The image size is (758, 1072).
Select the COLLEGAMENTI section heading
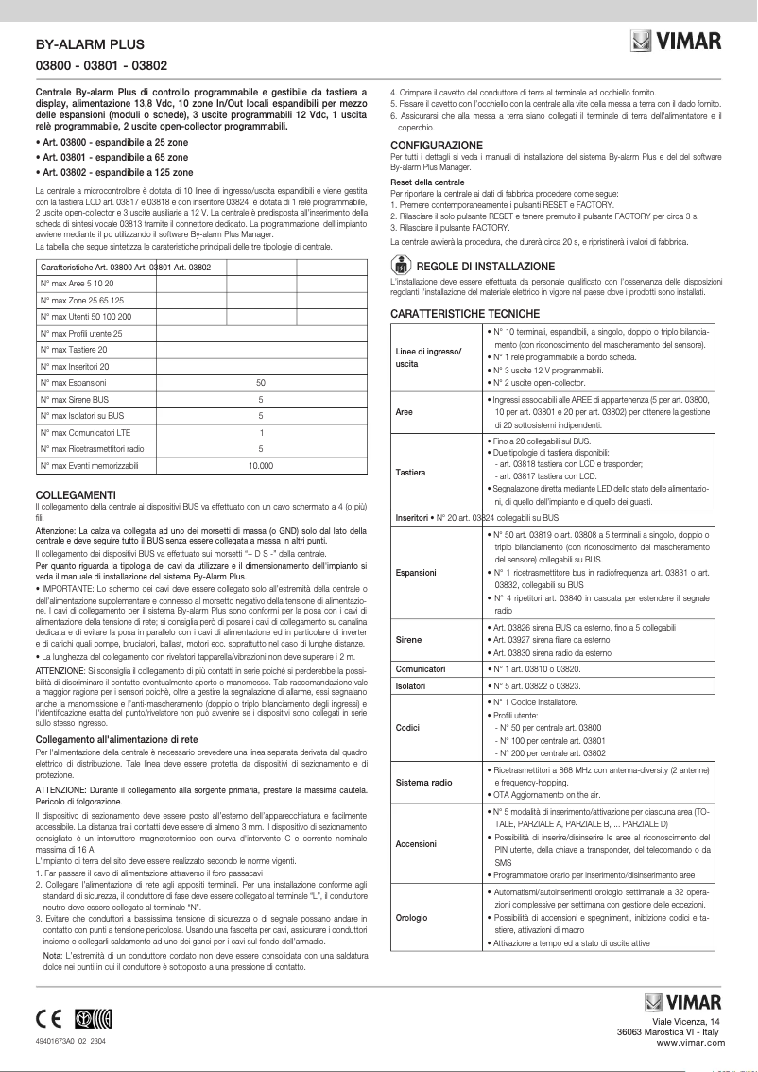(x=75, y=495)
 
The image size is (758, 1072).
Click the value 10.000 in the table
(x=260, y=466)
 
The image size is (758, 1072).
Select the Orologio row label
(x=412, y=917)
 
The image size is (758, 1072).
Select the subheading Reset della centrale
(x=427, y=181)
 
